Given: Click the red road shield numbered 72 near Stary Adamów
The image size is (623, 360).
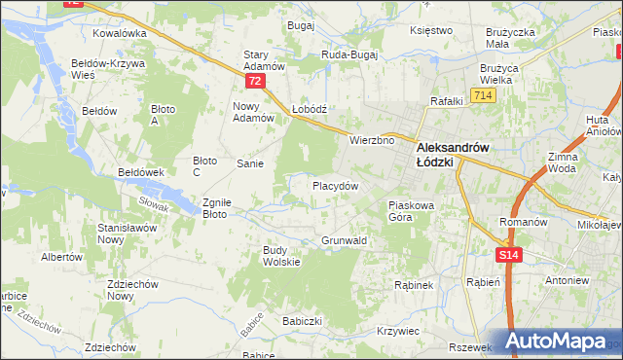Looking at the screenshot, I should (x=255, y=81).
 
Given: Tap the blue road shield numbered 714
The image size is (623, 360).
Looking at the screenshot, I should (x=482, y=94).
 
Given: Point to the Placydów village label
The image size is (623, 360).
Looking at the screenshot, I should (x=336, y=185).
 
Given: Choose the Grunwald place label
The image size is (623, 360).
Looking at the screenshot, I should (x=344, y=239).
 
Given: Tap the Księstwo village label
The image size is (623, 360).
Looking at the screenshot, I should (x=432, y=30).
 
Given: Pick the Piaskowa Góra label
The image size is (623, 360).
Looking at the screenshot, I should (x=416, y=211).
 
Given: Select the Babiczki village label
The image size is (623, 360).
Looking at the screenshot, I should (x=302, y=320).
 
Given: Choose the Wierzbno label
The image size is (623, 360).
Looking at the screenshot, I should (x=372, y=140).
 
